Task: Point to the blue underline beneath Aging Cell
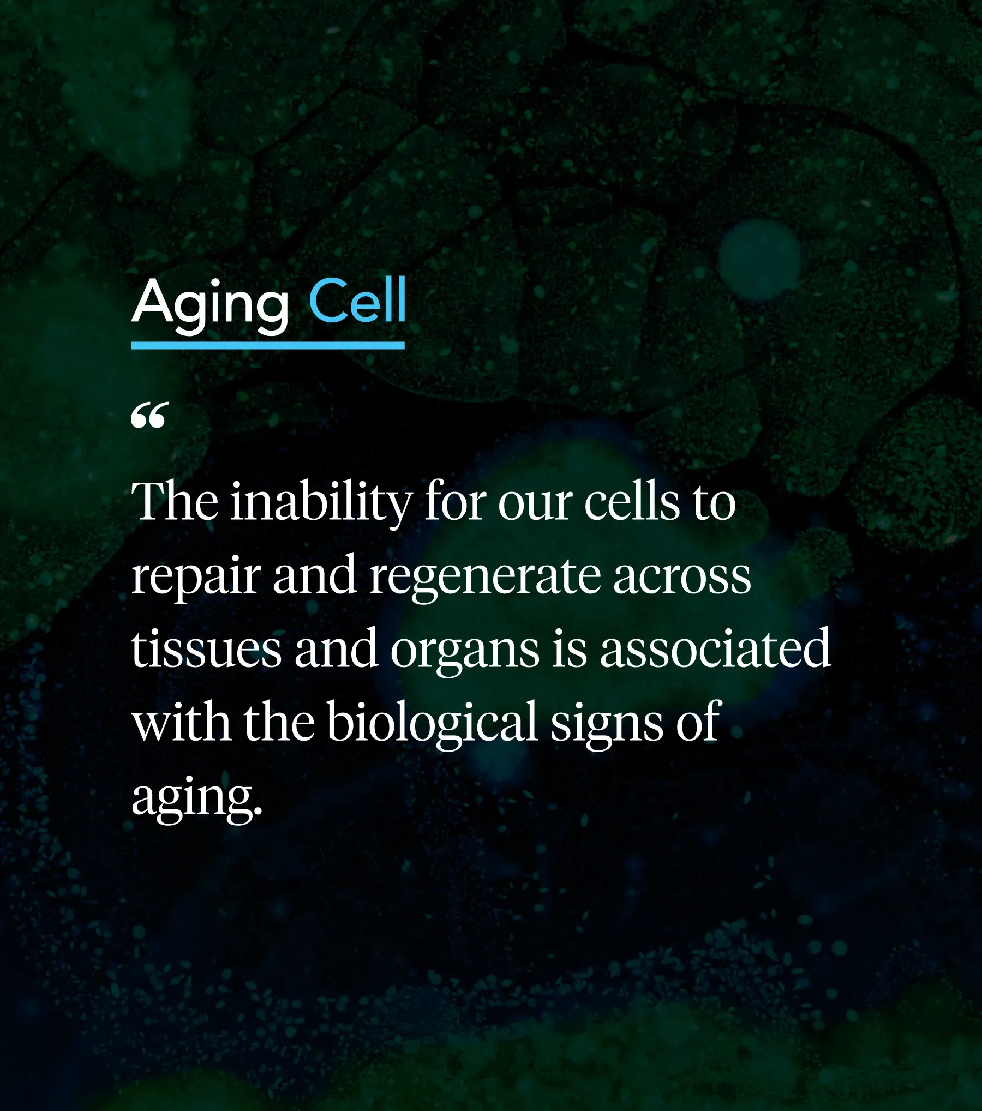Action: [268, 346]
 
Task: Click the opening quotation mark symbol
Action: [148, 416]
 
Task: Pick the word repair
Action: [195, 576]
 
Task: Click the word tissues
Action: [206, 649]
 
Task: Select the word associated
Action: [715, 649]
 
